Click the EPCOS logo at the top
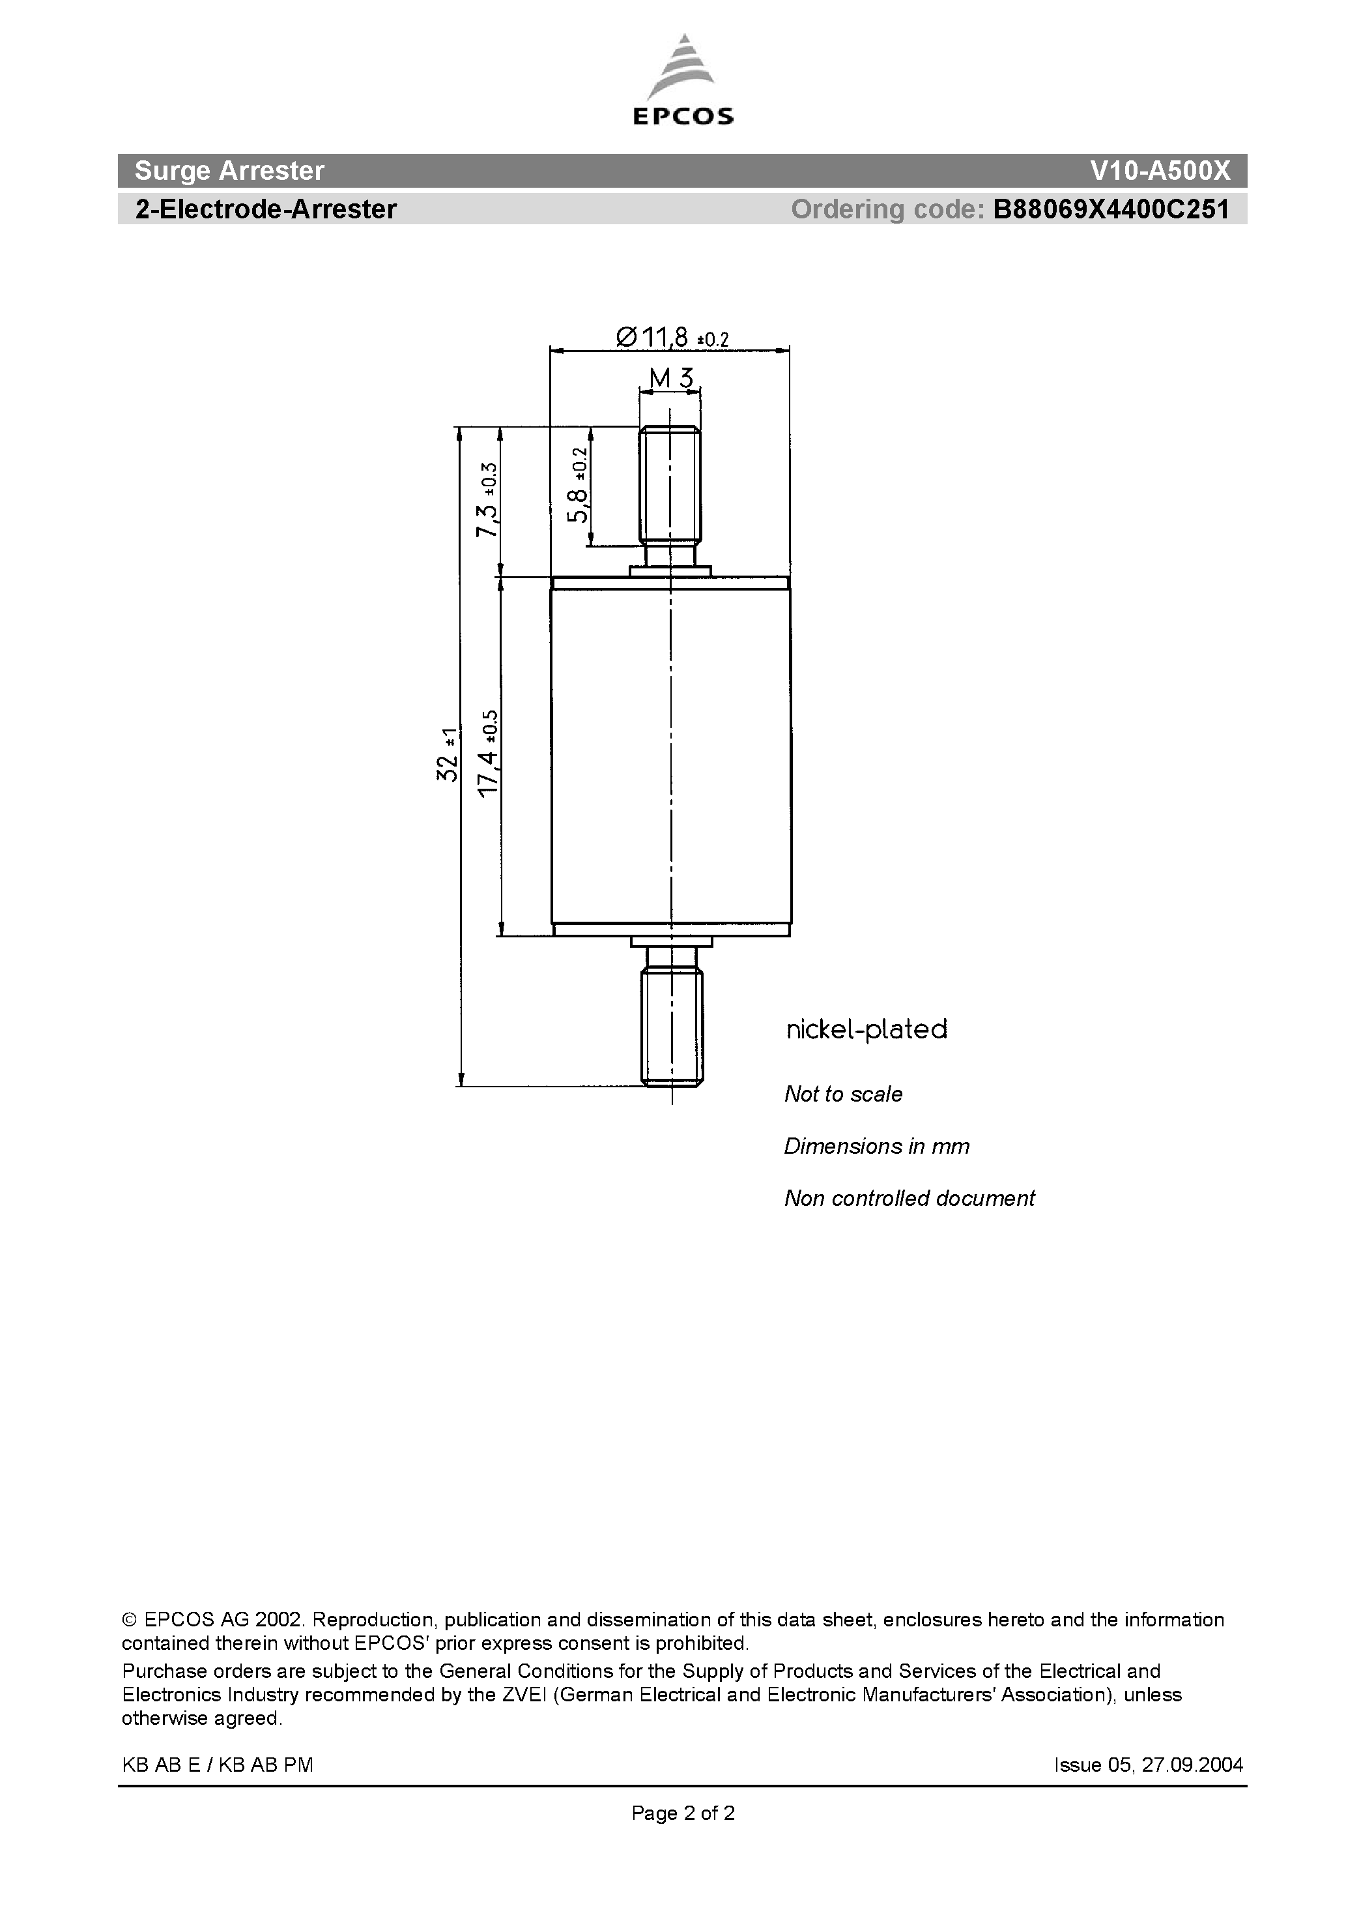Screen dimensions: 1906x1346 pyautogui.click(x=683, y=81)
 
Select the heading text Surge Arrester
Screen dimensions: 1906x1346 pyautogui.click(x=229, y=171)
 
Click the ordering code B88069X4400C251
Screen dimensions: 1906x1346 pyautogui.click(x=1110, y=209)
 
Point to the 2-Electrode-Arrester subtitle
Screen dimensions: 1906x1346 pyautogui.click(x=266, y=209)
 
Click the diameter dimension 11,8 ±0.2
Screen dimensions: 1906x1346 pyautogui.click(x=672, y=337)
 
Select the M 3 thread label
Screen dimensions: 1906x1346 pyautogui.click(x=670, y=379)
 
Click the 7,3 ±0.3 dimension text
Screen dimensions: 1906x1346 pyautogui.click(x=487, y=501)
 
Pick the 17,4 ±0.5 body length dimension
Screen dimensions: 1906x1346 pyautogui.click(x=488, y=754)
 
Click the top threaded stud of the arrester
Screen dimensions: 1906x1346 pyautogui.click(x=670, y=486)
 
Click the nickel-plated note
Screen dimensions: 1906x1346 pyautogui.click(x=866, y=1029)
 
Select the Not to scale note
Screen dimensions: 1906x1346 pyautogui.click(x=843, y=1094)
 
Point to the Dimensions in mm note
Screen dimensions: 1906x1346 pyautogui.click(x=876, y=1147)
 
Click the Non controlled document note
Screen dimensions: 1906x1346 pyautogui.click(x=909, y=1199)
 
